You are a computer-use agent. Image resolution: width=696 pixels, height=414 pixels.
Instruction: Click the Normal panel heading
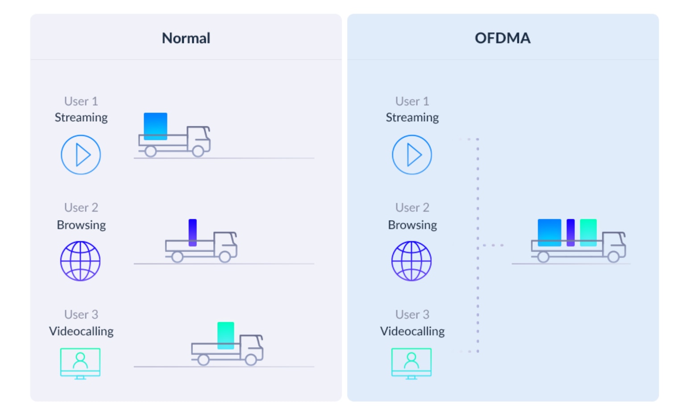click(x=186, y=38)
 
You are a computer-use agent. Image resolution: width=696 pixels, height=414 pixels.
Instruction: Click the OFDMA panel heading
click(x=502, y=38)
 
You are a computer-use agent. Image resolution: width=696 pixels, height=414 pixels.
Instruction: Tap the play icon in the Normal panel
click(x=81, y=155)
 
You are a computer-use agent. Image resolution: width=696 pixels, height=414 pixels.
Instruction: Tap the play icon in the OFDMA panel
click(x=412, y=155)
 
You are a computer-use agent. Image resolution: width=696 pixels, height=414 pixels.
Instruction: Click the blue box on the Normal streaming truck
click(x=155, y=126)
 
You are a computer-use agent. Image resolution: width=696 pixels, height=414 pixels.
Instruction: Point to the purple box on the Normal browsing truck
click(x=193, y=233)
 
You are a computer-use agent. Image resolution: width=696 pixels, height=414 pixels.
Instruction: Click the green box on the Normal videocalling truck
click(x=226, y=336)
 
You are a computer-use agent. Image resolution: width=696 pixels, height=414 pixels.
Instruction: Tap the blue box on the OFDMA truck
click(x=549, y=233)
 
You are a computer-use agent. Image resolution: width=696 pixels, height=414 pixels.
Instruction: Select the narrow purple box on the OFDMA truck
click(x=571, y=233)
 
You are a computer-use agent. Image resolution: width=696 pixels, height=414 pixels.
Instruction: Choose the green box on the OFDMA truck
click(x=588, y=233)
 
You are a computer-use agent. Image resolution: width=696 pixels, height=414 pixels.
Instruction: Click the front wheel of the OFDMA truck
click(x=613, y=257)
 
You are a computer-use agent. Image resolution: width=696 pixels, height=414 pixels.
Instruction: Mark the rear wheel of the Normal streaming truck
click(x=151, y=152)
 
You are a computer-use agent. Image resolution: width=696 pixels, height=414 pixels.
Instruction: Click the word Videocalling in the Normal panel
click(x=81, y=331)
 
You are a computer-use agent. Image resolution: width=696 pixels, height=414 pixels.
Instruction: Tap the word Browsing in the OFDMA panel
click(x=412, y=225)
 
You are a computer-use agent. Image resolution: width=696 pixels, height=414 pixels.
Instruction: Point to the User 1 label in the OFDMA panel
click(x=412, y=101)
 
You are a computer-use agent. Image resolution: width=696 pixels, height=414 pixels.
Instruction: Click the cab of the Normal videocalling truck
click(x=252, y=348)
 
